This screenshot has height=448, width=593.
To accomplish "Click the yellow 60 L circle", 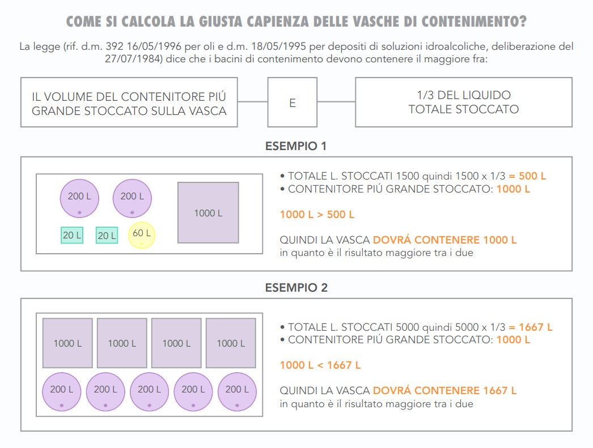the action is click(141, 235).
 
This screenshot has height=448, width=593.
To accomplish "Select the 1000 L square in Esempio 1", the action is click(208, 212).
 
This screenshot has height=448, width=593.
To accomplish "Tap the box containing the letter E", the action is click(293, 102).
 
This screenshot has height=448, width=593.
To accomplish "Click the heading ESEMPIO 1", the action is click(296, 146).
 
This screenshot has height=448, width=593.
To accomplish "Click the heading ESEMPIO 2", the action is click(296, 288).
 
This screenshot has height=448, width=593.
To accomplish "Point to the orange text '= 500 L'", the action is click(527, 176).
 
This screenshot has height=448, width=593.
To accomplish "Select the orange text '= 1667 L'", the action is click(530, 327).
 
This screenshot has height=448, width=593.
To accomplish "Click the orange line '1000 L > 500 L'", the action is click(317, 215).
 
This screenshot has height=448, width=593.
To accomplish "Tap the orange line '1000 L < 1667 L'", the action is click(320, 365).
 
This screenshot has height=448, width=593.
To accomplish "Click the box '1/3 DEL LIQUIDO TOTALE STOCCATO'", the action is click(464, 102).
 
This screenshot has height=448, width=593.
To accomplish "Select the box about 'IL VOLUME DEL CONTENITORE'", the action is click(129, 102).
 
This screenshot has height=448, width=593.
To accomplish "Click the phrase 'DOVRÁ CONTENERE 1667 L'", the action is click(444, 391).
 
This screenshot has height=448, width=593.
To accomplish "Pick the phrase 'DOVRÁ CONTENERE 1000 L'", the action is click(444, 240).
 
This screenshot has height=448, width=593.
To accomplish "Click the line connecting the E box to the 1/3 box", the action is click(336, 101).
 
